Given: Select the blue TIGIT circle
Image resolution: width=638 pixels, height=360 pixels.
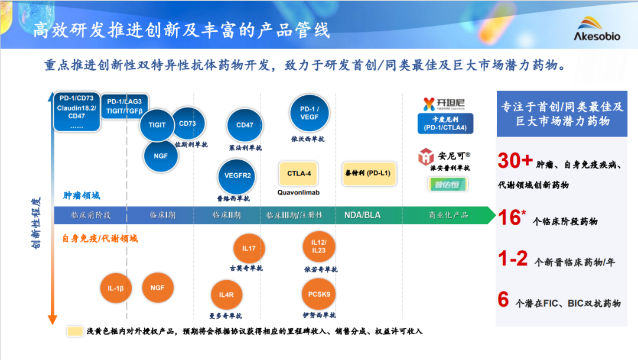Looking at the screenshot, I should pyautogui.click(x=157, y=125).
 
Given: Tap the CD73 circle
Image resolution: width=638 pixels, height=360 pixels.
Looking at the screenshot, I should pyautogui.click(x=187, y=124).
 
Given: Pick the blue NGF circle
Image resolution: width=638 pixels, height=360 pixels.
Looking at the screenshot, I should pyautogui.click(x=161, y=156).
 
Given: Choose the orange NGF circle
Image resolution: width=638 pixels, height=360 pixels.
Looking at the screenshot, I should pyautogui.click(x=158, y=288).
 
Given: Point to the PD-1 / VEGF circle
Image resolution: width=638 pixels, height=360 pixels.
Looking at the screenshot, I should pyautogui.click(x=309, y=113).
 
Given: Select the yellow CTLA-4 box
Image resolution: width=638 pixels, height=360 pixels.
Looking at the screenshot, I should pyautogui.click(x=298, y=174).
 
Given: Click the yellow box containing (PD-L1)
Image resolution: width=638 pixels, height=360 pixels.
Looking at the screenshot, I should pyautogui.click(x=370, y=173).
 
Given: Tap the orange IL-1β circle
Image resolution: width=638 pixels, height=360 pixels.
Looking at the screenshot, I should pyautogui.click(x=116, y=289).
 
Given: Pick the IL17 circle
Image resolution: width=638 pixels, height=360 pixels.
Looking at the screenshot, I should pyautogui.click(x=249, y=249).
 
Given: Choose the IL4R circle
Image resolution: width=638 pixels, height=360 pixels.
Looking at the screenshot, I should pyautogui.click(x=226, y=295).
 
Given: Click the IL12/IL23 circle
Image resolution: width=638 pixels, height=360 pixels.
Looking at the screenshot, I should pyautogui.click(x=318, y=247).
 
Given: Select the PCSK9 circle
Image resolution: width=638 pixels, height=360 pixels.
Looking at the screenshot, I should pyautogui.click(x=319, y=294).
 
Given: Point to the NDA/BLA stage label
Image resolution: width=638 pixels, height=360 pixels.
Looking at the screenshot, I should pyautogui.click(x=362, y=215).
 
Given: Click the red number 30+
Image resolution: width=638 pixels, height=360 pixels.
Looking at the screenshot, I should pyautogui.click(x=516, y=161).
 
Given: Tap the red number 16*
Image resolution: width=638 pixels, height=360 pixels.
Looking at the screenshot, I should pyautogui.click(x=512, y=218).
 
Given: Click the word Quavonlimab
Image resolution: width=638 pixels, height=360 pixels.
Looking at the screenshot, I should pyautogui.click(x=298, y=192).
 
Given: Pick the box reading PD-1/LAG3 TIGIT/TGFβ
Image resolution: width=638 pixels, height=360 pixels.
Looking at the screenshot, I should pyautogui.click(x=125, y=106).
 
